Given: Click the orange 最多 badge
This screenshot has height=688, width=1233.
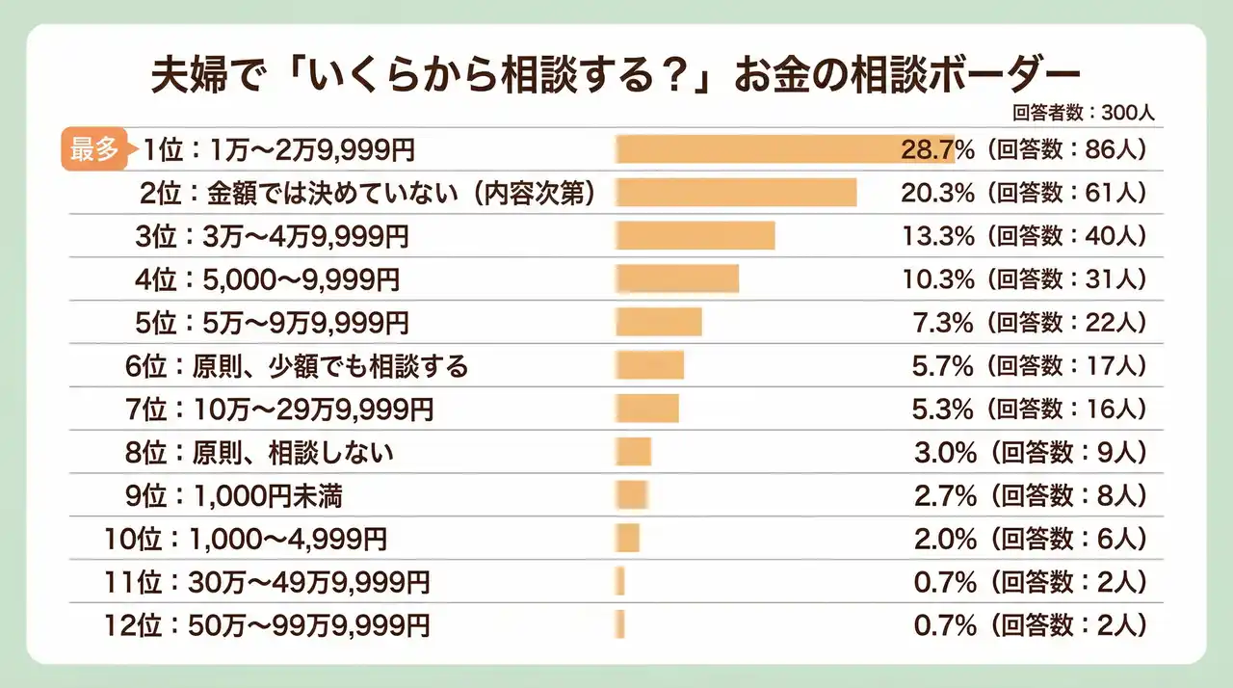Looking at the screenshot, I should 93,149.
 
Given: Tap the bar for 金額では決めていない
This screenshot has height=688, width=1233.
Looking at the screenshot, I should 736,193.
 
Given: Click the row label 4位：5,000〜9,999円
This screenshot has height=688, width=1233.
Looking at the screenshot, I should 267,279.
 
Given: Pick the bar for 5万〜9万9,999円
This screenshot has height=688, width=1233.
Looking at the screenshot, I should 659,322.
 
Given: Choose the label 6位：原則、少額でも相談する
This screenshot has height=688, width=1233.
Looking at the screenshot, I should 297,365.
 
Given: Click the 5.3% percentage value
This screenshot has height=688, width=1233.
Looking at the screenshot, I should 943,409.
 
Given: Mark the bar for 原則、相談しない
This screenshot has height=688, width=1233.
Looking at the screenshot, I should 634,452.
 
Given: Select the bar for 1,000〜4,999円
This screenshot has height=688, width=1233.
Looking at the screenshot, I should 628,538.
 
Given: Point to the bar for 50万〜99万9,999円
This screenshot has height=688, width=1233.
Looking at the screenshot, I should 620,624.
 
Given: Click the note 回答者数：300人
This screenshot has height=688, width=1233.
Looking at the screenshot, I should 1083,112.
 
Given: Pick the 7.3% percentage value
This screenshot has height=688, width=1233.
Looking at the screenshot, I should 943,322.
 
